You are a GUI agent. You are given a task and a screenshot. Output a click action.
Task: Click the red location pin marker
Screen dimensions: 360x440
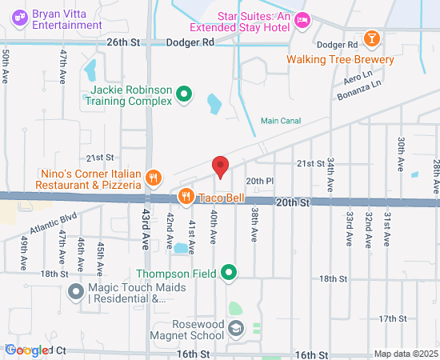click(221, 167)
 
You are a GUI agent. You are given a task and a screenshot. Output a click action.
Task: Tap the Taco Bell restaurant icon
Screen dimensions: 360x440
click(186, 196)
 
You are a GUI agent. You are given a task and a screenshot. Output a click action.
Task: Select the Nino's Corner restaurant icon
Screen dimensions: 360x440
click(155, 178)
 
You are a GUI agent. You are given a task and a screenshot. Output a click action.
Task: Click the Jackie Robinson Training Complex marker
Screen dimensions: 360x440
click(184, 95)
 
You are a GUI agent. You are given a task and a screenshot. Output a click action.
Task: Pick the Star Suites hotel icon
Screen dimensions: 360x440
click(302, 20)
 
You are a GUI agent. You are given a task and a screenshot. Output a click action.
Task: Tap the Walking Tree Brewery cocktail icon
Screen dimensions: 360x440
click(371, 38)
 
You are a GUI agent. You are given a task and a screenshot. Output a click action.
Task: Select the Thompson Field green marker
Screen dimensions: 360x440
click(229, 274)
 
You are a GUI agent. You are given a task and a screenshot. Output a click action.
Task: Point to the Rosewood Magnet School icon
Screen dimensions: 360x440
click(235, 328)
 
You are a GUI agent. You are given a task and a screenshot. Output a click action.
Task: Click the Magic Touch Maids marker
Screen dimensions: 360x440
click(76, 291)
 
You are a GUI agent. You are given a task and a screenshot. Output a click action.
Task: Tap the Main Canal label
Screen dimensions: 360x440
click(280, 122)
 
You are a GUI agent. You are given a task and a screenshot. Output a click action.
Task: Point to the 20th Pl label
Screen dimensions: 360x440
click(260, 182)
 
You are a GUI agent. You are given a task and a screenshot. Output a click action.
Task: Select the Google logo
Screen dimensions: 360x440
click(26, 350)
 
